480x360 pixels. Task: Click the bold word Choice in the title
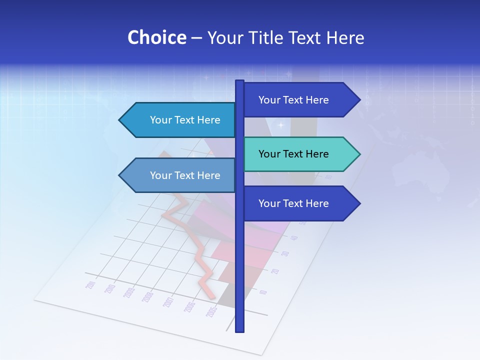156,37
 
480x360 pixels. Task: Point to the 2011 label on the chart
90,285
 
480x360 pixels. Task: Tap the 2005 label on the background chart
211,312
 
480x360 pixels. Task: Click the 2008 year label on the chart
147,296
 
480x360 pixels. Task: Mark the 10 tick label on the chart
263,292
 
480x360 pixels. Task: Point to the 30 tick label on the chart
285,253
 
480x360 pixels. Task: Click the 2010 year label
110,288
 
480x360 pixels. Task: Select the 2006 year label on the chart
189,307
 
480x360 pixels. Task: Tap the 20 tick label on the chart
275,271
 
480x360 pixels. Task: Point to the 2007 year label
168,302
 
